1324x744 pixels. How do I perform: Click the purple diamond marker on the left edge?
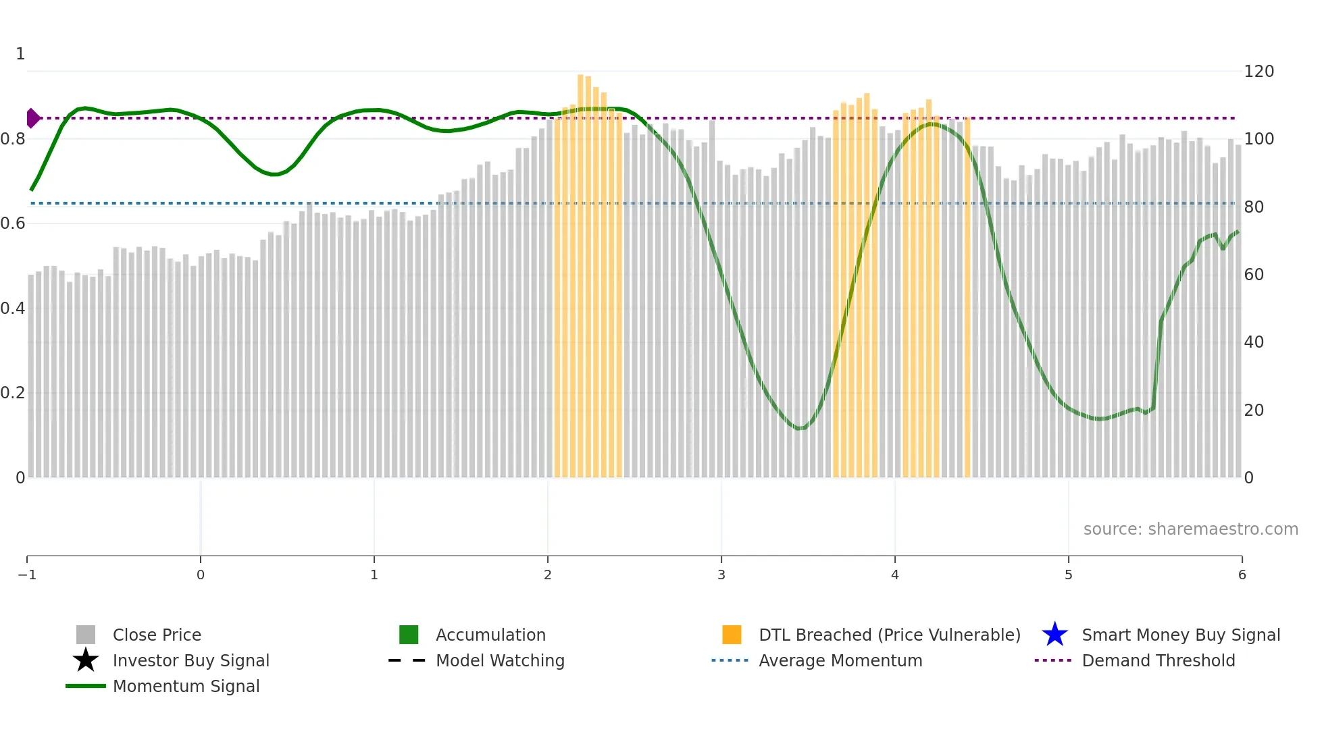[x=32, y=118]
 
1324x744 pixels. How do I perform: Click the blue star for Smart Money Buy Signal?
[x=1054, y=635]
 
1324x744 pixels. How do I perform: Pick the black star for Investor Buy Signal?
[x=86, y=660]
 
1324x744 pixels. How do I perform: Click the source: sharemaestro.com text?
[x=1190, y=529]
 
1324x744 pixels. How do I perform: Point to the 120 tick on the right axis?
[x=1258, y=72]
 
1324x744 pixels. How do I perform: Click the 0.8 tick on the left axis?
[x=13, y=139]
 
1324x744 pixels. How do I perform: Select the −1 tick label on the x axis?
[x=27, y=575]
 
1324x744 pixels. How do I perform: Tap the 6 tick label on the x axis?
[x=1242, y=575]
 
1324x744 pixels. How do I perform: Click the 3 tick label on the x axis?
[x=721, y=575]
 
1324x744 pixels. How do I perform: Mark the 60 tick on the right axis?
[x=1254, y=275]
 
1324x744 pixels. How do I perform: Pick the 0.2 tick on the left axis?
[x=13, y=393]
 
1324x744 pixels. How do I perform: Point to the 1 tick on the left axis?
[x=20, y=54]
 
